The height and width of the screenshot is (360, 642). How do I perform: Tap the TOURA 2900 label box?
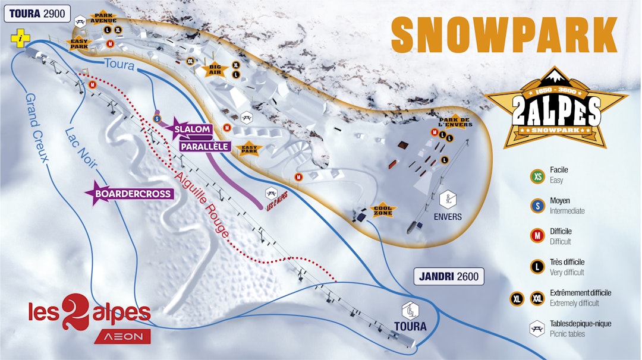point(37,14)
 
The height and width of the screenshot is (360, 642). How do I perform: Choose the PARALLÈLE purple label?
point(204,146)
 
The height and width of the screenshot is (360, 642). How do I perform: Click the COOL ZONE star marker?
point(383,210)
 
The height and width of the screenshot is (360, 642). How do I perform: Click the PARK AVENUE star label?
point(103,18)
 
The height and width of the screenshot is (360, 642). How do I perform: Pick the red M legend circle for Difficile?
point(537,236)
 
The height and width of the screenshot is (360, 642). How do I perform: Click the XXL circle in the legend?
point(537,298)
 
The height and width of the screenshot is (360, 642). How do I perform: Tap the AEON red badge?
point(122,336)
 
